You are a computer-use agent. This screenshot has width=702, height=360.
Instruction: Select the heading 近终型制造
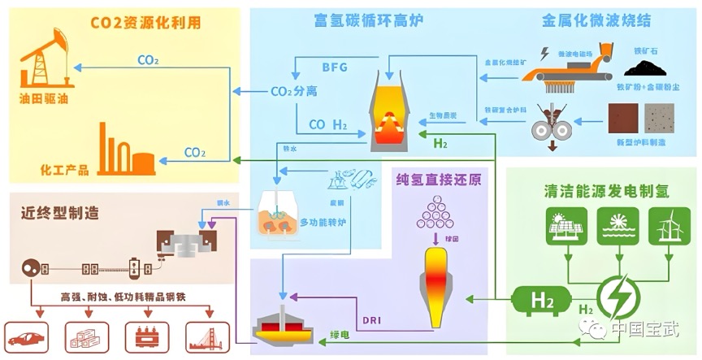tap(60, 214)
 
